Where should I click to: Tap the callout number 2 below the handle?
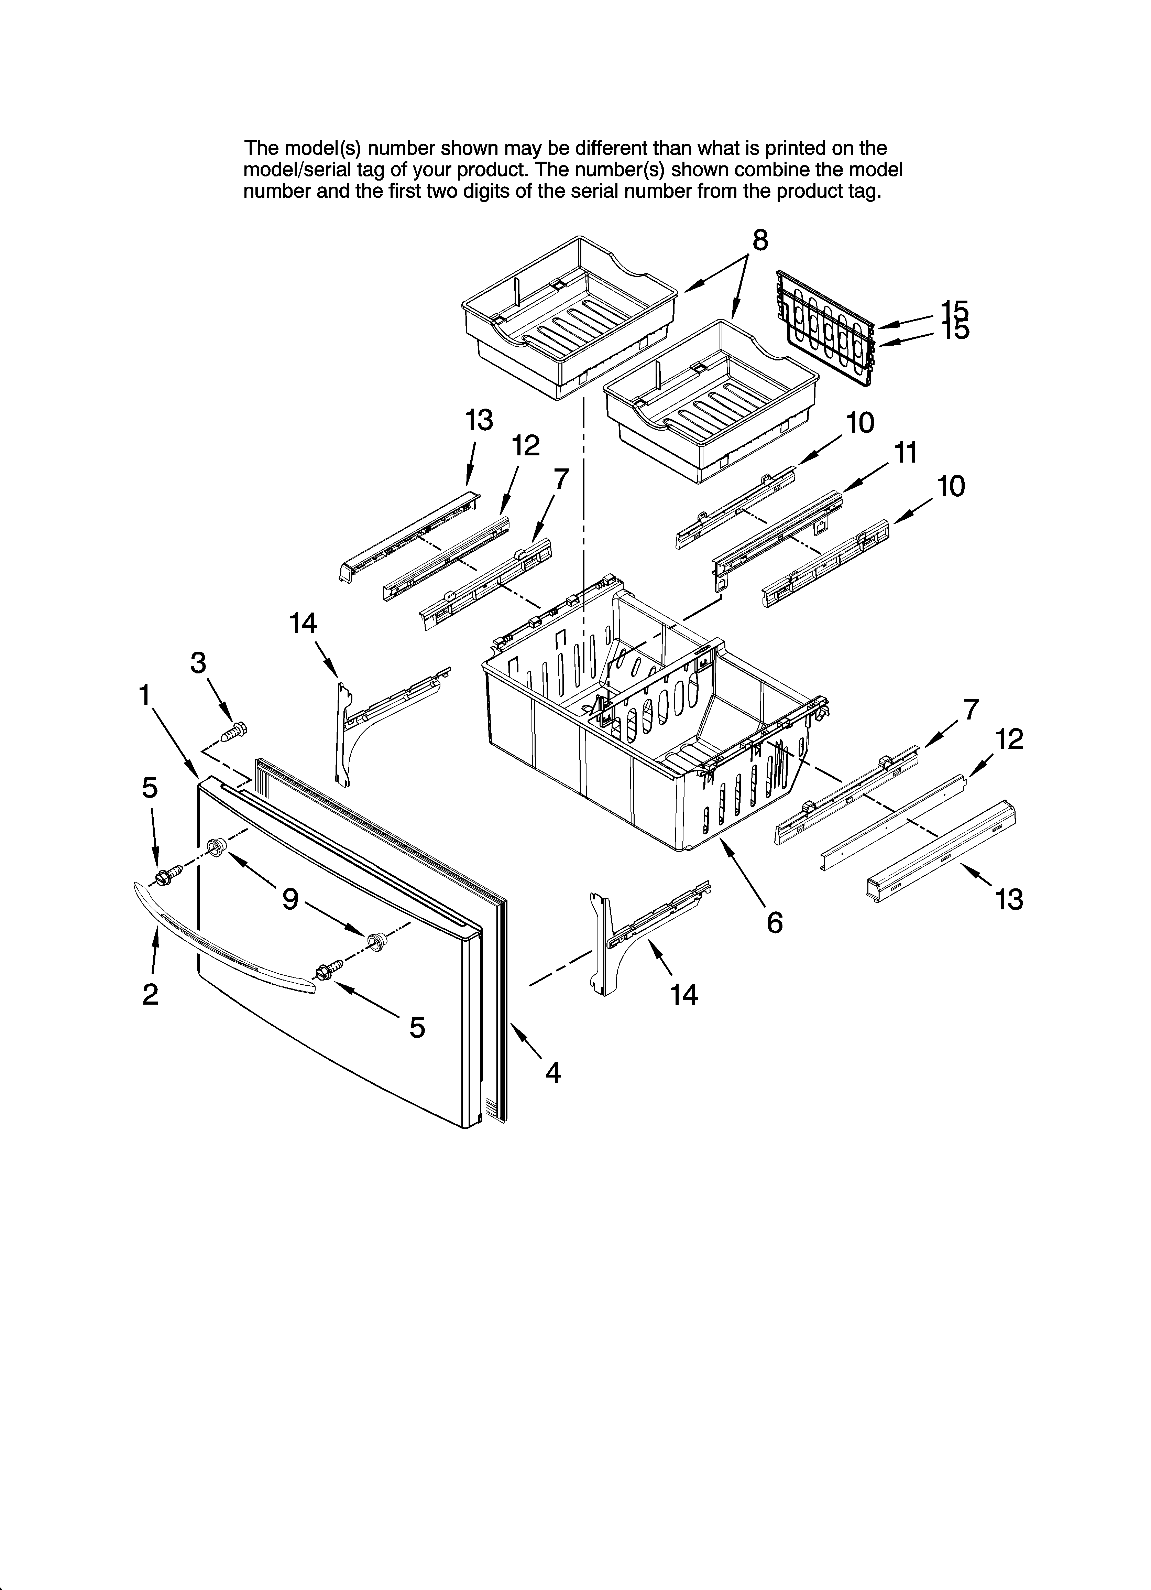pos(150,994)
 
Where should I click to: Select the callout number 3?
pos(198,662)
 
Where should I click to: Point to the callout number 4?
pos(553,1073)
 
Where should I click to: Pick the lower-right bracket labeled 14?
pos(631,932)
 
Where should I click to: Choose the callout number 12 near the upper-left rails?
pos(526,446)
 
